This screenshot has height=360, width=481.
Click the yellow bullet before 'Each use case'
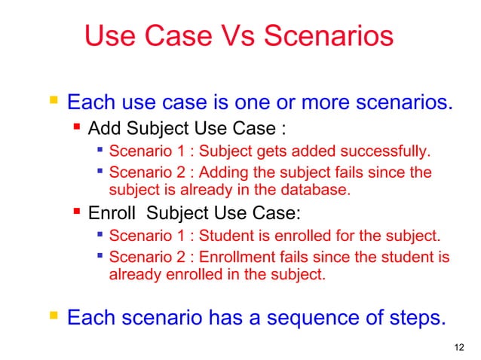coord(51,99)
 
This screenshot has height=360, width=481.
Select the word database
coord(320,189)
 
